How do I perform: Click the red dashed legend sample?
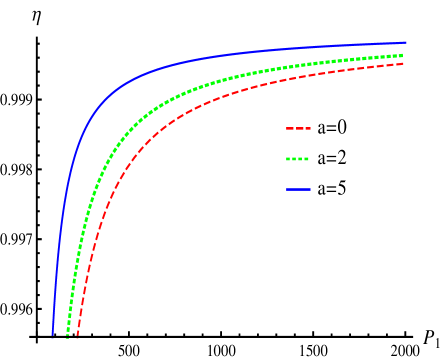pos(298,129)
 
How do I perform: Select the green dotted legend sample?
pos(298,159)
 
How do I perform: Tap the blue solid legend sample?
pos(298,189)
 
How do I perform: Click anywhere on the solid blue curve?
pos(150,70)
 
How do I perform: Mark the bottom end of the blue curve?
pos(52,335)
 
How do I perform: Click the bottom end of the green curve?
pos(67,336)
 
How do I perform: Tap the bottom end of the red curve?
pos(78,337)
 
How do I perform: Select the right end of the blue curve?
pos(405,43)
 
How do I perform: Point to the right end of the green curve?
pos(402,55)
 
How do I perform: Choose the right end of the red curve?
pos(403,63)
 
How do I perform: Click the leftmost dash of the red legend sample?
pos(289,129)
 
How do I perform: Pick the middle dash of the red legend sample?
pos(298,129)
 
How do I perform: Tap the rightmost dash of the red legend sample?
pos(307,129)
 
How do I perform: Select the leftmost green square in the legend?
pos(288,159)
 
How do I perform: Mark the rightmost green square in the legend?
pos(307,159)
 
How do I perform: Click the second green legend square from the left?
pos(294,159)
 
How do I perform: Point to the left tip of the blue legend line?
pos(286,189)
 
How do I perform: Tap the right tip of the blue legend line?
pos(310,189)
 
